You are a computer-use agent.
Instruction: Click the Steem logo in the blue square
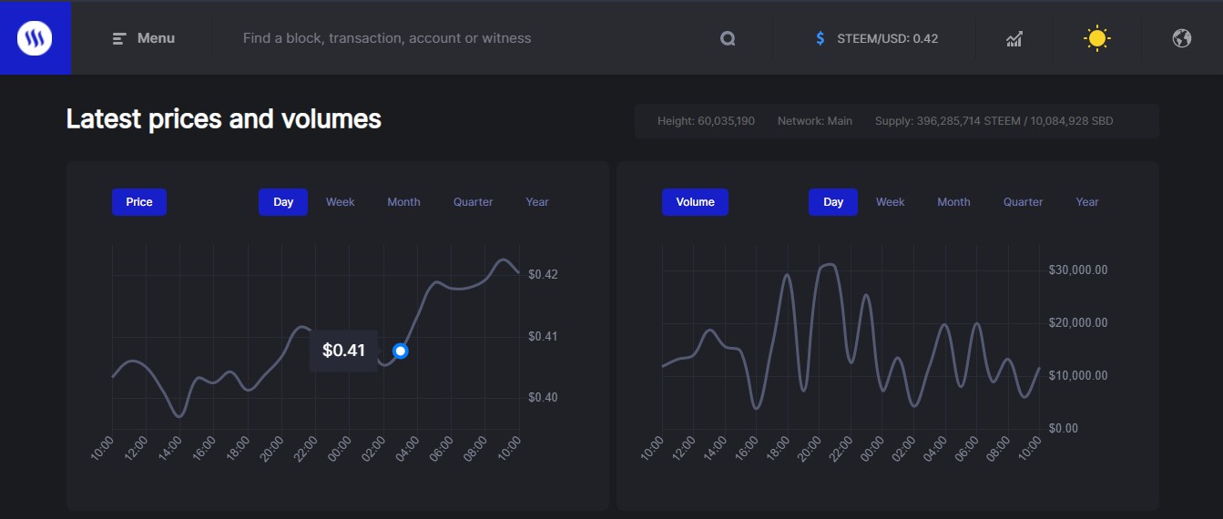click(35, 38)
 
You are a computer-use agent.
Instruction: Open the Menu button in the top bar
click(144, 38)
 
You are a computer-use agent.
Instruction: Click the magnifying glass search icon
click(727, 38)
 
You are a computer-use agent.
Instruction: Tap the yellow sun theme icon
click(1097, 38)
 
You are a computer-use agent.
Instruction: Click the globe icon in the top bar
click(1182, 38)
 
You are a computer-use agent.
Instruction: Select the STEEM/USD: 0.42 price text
click(887, 38)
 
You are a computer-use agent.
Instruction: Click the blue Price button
click(139, 202)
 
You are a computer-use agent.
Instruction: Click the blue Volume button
click(695, 202)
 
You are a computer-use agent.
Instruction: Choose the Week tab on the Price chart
click(341, 202)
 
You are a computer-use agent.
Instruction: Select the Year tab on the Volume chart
click(1087, 202)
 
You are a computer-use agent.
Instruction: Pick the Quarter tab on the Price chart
click(474, 202)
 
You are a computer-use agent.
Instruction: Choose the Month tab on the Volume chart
click(953, 202)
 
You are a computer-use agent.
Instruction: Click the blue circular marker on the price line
click(400, 351)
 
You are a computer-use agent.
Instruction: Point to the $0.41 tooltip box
click(343, 351)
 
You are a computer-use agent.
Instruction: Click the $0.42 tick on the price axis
click(543, 275)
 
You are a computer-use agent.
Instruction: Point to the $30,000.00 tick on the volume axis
click(1078, 270)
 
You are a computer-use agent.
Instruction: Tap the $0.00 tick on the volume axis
click(1065, 428)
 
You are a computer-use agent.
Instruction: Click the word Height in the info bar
click(675, 121)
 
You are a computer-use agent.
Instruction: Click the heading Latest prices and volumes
click(224, 119)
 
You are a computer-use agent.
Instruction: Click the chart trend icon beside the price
click(1014, 38)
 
